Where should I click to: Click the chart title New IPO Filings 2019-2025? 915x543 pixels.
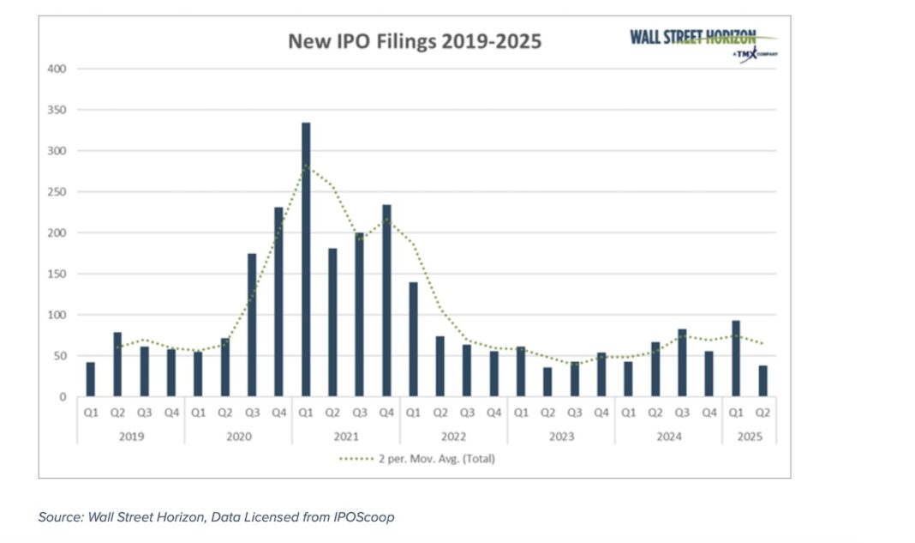click(414, 41)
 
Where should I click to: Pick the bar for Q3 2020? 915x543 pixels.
click(252, 325)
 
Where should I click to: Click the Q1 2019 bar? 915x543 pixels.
click(91, 379)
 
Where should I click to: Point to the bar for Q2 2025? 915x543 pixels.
click(762, 381)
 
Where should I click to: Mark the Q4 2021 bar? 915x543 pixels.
click(386, 300)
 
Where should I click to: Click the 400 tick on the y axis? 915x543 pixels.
click(57, 69)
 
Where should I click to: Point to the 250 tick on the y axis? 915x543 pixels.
click(57, 192)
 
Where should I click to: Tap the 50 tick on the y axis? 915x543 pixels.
click(60, 356)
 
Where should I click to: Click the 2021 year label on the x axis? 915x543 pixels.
click(345, 436)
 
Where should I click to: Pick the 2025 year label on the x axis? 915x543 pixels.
click(749, 436)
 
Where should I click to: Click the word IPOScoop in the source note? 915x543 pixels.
click(364, 517)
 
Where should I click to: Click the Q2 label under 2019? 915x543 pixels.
click(117, 413)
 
